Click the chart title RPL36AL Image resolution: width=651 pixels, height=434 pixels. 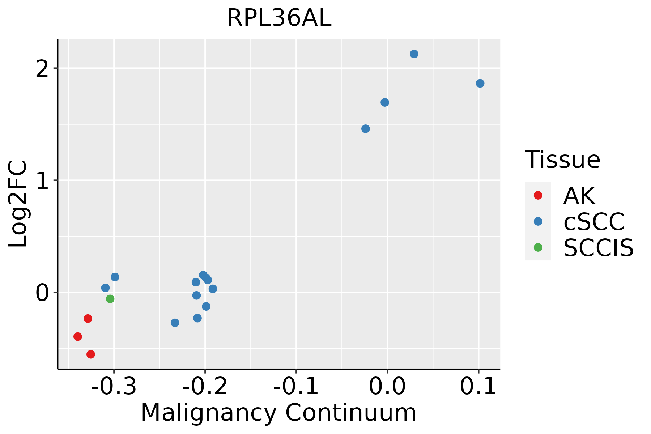[x=279, y=18]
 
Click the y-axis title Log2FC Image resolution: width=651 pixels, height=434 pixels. [x=18, y=204]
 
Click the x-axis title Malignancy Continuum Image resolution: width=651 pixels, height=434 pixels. [x=278, y=413]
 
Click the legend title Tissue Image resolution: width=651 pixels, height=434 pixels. [x=563, y=159]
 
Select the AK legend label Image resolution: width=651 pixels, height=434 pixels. [x=579, y=196]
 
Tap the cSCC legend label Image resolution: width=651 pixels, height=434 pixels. [x=594, y=222]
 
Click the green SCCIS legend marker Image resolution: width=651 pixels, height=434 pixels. [x=538, y=247]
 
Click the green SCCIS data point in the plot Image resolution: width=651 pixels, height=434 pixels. [x=110, y=299]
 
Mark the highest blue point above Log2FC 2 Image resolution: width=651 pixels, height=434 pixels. [x=414, y=54]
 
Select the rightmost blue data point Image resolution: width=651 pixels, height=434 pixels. [x=480, y=84]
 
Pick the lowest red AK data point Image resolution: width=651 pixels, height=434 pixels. [x=91, y=354]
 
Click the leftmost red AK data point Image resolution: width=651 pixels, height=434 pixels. [x=78, y=336]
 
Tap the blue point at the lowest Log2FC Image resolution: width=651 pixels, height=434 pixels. [x=175, y=323]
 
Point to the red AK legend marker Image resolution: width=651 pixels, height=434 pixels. [x=538, y=195]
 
